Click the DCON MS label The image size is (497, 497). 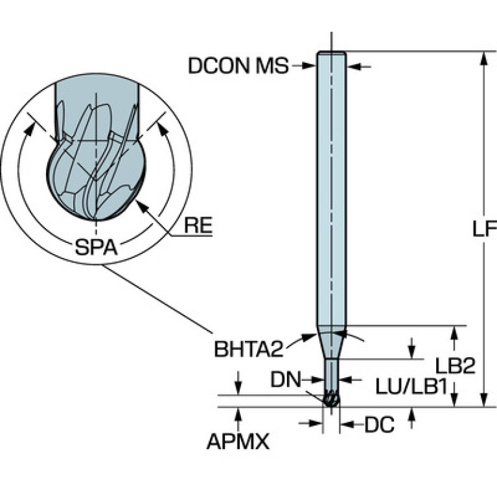(x=238, y=65)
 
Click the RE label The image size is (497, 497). (x=198, y=226)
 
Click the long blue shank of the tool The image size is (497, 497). (x=331, y=194)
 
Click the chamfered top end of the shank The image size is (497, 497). (x=331, y=54)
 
